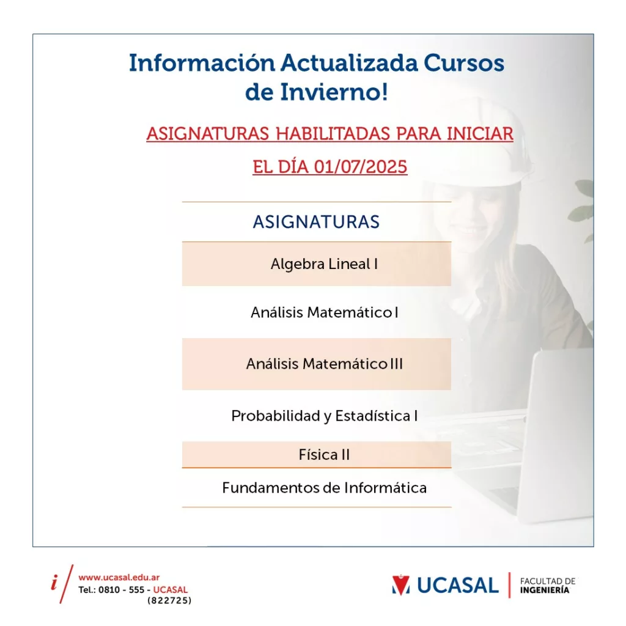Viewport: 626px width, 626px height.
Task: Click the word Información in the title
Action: pyautogui.click(x=202, y=63)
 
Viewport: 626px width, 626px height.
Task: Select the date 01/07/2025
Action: pyautogui.click(x=361, y=167)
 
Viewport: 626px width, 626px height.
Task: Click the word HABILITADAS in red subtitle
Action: pyautogui.click(x=333, y=133)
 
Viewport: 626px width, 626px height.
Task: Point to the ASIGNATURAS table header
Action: pyautogui.click(x=316, y=222)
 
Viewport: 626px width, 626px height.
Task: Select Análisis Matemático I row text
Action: pyautogui.click(x=325, y=312)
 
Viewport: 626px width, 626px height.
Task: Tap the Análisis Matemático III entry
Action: pyautogui.click(x=325, y=364)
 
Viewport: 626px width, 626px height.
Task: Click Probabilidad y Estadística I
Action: pyautogui.click(x=325, y=416)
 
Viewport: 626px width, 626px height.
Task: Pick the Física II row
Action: pyautogui.click(x=324, y=455)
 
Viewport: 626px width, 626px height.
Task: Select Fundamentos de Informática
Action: pyautogui.click(x=325, y=487)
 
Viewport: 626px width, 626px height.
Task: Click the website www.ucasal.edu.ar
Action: pyautogui.click(x=119, y=577)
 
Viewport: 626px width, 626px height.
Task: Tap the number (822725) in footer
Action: pyautogui.click(x=170, y=600)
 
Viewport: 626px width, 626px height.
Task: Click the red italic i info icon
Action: pyautogui.click(x=54, y=583)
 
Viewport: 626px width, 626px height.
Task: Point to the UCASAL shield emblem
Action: pyautogui.click(x=401, y=585)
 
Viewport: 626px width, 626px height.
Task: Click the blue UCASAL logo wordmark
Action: pyautogui.click(x=458, y=586)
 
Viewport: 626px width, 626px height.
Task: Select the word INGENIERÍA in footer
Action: pyautogui.click(x=545, y=590)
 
